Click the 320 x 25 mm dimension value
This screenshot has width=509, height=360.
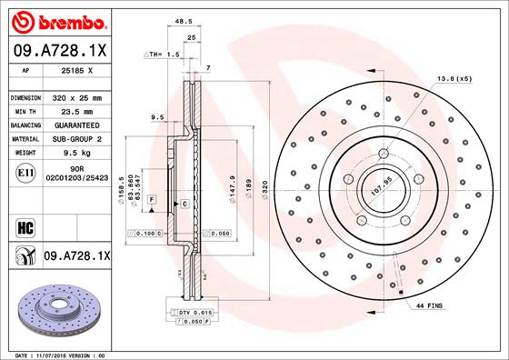coord(70,96)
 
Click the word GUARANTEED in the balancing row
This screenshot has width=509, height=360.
coord(70,125)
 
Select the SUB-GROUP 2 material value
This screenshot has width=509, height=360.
coord(70,138)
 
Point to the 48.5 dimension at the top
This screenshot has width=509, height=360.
coord(183,19)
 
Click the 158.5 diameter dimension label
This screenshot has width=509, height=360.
coord(122,187)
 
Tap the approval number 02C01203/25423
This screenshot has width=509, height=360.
coord(70,178)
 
